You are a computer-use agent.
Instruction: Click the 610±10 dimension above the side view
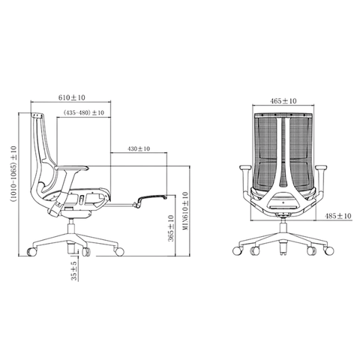(x=72, y=97)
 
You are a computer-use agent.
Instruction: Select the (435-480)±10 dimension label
(x=83, y=112)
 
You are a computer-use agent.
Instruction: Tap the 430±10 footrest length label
(x=139, y=148)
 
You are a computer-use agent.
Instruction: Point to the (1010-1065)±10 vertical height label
(x=13, y=174)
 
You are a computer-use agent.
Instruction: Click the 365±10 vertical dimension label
(x=171, y=228)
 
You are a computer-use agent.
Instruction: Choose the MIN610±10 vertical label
(x=185, y=211)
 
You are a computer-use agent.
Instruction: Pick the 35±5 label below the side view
(x=74, y=271)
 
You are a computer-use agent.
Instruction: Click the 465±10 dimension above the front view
(x=283, y=101)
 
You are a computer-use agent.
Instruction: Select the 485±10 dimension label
(x=337, y=216)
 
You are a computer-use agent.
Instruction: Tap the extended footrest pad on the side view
(x=152, y=197)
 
